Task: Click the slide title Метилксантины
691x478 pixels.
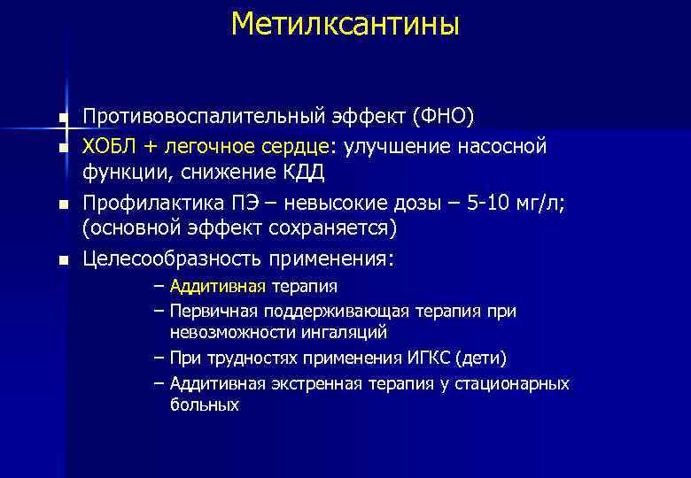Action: coord(345,24)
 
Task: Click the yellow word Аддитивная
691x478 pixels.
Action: coord(218,287)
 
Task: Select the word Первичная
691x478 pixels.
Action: coord(207,312)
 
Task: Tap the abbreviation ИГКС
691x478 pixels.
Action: coord(430,358)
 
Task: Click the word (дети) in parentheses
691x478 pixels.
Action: coord(481,358)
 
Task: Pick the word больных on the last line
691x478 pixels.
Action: coord(205,405)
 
